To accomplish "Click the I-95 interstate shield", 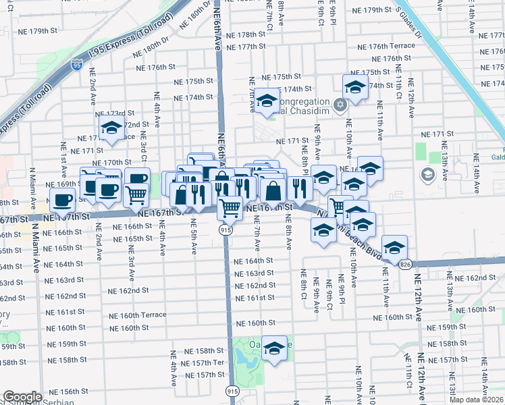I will (77, 65).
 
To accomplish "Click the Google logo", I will (22, 397).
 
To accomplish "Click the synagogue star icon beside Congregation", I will (340, 104).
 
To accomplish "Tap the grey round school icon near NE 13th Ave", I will (427, 175).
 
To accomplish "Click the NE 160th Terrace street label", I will (138, 315).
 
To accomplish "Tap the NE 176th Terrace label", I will (392, 46).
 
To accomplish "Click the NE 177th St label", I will (246, 47).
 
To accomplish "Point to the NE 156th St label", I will (59, 391).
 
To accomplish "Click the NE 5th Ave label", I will (194, 236).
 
